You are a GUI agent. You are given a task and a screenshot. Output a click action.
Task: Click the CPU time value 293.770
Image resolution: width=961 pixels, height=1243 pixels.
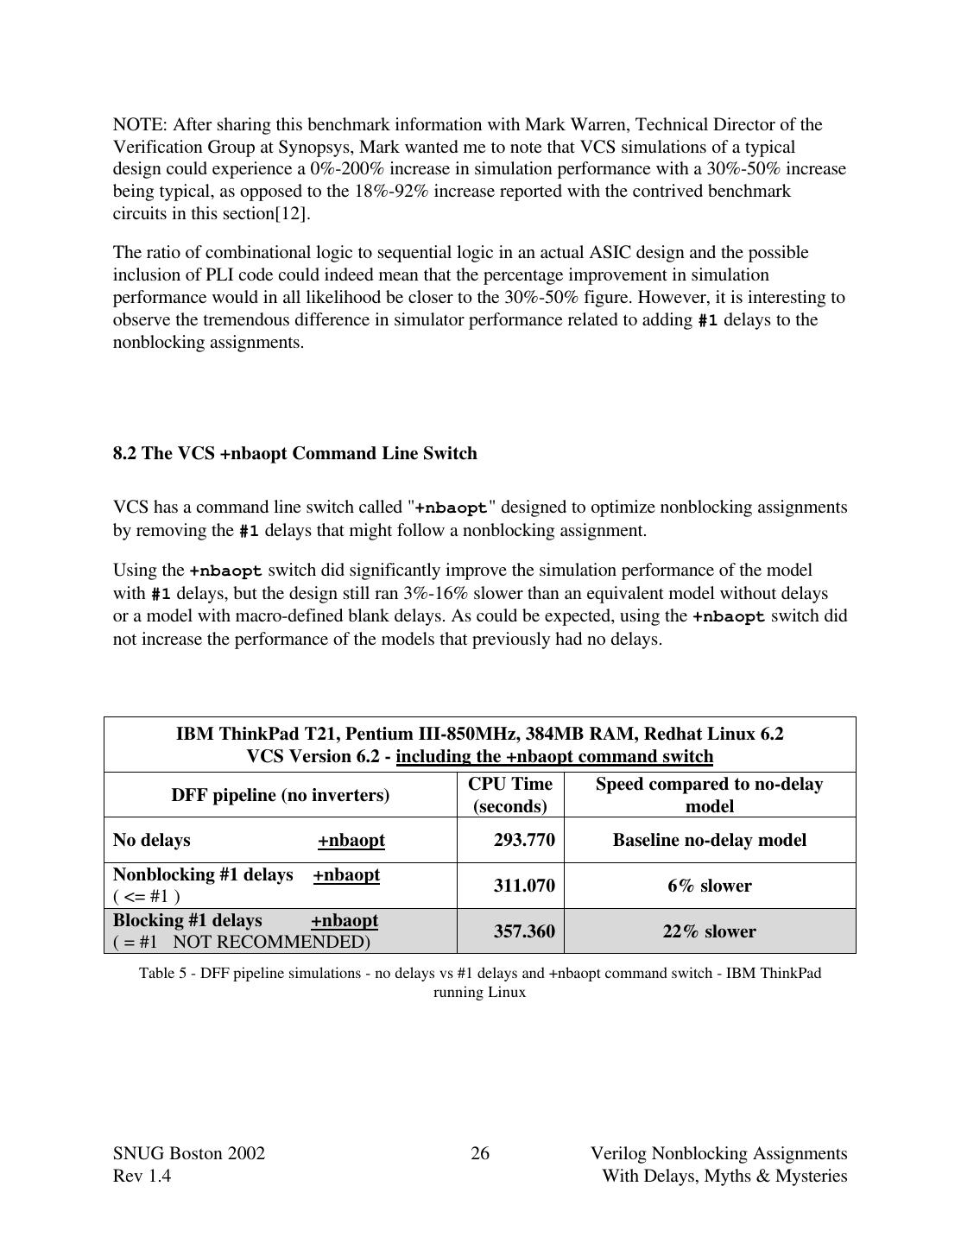click(523, 840)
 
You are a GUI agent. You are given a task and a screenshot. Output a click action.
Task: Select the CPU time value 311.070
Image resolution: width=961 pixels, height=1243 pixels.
click(523, 886)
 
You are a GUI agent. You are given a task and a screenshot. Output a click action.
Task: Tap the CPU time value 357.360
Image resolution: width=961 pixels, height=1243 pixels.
click(523, 931)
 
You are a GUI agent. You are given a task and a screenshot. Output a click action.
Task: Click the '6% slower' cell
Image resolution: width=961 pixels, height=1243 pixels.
click(709, 886)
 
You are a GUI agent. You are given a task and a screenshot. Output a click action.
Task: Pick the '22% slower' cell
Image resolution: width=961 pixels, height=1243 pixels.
click(709, 931)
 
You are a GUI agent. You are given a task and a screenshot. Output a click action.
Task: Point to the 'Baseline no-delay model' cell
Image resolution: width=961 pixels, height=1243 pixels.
click(709, 840)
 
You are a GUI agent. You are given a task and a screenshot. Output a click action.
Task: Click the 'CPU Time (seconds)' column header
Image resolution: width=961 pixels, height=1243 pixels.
click(509, 795)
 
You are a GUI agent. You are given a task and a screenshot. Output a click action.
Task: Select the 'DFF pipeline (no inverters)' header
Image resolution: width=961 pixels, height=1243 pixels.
click(280, 795)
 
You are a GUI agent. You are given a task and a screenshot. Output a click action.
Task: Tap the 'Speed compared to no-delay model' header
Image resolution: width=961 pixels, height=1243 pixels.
click(709, 795)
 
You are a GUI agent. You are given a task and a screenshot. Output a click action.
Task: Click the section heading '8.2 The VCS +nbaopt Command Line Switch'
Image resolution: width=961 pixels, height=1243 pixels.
click(294, 454)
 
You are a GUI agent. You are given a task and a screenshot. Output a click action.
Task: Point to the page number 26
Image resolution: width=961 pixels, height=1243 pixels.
click(480, 1154)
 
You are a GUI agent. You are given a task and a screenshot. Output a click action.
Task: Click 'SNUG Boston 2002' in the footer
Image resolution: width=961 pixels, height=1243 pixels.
click(189, 1154)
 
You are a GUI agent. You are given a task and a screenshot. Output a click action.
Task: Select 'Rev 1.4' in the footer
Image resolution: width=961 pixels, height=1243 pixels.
click(142, 1177)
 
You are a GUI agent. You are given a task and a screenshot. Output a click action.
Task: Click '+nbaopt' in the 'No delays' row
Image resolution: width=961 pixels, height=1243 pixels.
click(351, 841)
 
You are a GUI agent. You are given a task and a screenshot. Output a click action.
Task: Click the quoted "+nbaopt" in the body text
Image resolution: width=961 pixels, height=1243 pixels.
click(452, 508)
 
